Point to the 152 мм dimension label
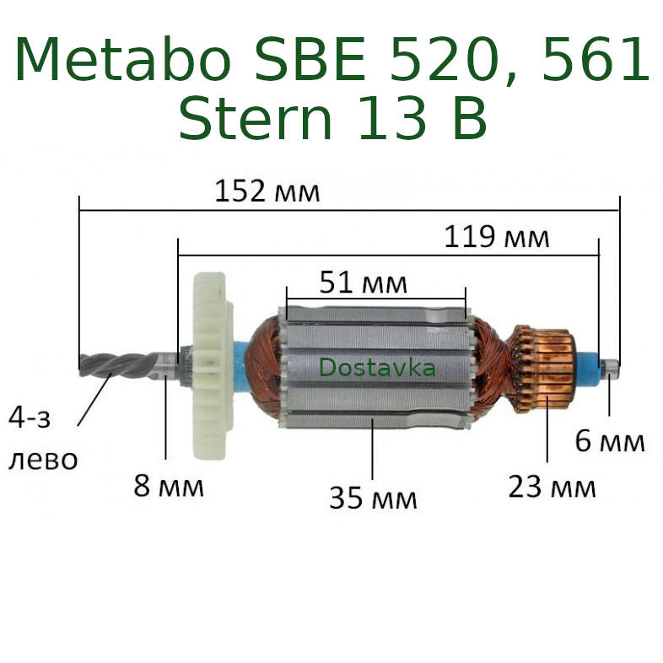[267, 191]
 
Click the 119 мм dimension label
[497, 237]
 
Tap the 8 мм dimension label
[169, 487]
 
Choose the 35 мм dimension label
[373, 499]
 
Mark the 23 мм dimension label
[552, 487]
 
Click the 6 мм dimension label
[610, 440]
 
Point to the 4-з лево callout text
[42, 439]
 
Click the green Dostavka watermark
[377, 369]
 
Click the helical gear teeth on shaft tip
[118, 364]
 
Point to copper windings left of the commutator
[489, 367]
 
